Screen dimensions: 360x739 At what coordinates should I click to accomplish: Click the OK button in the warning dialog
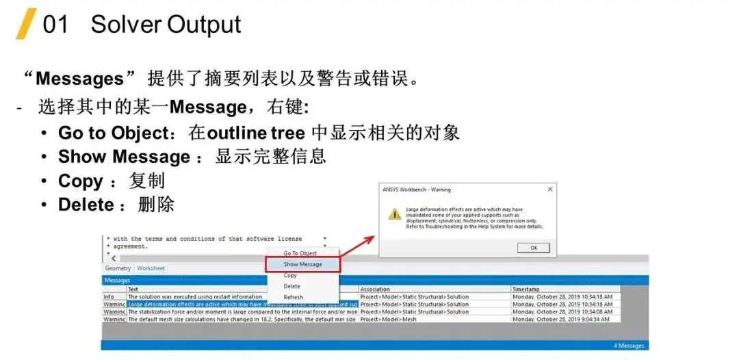click(x=534, y=248)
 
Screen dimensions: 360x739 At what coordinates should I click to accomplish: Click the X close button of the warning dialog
click(x=549, y=190)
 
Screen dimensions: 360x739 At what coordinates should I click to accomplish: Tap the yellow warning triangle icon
click(x=395, y=214)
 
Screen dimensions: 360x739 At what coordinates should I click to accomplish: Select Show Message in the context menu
click(x=302, y=264)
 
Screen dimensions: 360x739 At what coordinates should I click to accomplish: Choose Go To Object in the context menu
click(x=300, y=253)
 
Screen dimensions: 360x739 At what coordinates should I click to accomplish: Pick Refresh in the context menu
click(x=293, y=297)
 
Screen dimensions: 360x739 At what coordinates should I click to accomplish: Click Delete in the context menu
click(x=291, y=286)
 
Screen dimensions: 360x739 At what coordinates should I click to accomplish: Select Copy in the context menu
click(x=290, y=275)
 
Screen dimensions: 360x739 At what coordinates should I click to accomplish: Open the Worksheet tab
click(x=151, y=268)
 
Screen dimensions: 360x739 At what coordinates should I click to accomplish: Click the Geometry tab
click(x=118, y=268)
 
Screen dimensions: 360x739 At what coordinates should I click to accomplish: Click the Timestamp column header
click(x=526, y=290)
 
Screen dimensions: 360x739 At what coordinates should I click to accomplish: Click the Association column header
click(x=375, y=290)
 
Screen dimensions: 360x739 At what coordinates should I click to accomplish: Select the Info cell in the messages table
click(x=109, y=297)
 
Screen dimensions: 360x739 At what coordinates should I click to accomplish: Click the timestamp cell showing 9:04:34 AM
click(x=562, y=319)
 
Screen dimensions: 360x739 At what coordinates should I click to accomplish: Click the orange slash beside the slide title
click(x=27, y=24)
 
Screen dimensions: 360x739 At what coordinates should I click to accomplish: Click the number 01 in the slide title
click(x=55, y=25)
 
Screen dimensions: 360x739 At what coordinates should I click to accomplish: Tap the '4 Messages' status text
click(x=628, y=346)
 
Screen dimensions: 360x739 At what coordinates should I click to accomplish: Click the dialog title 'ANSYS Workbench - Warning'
click(x=417, y=190)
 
